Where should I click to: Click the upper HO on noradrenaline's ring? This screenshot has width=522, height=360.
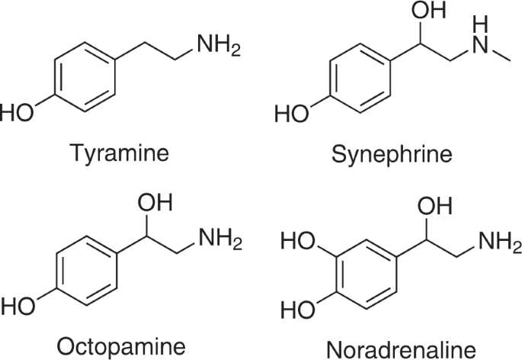coord(299,243)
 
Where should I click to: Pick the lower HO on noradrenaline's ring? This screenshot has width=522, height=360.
coord(299,311)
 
